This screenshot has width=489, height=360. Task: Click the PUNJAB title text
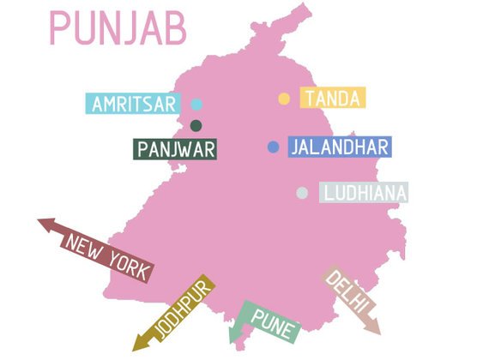118,28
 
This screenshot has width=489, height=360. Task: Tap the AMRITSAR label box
134,105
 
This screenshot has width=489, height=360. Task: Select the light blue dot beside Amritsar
196,105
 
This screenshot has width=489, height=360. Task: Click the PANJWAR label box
175,149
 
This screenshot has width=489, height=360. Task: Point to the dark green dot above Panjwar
196,126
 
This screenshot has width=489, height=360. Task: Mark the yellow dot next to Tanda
284,99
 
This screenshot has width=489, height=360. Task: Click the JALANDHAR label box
340,147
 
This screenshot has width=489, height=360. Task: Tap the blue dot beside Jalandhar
273,147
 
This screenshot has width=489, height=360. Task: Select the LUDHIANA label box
363,193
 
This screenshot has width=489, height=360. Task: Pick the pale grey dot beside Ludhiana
302,193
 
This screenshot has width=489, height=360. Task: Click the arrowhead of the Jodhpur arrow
137,345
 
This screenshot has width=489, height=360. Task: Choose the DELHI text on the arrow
347,293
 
